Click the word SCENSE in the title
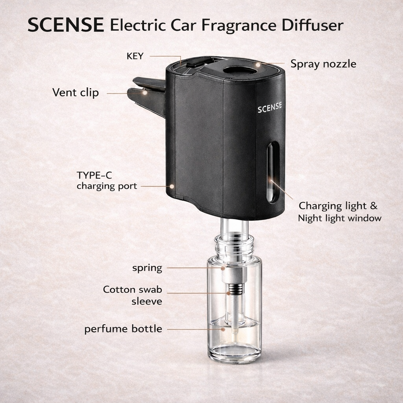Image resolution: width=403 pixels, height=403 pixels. click(66, 25)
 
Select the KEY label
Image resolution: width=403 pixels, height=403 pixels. click(135, 56)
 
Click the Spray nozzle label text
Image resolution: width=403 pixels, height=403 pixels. click(323, 64)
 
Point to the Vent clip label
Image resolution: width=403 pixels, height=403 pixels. click(76, 93)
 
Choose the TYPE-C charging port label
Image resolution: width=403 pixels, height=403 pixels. click(107, 181)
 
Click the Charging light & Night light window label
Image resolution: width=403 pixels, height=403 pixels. click(339, 212)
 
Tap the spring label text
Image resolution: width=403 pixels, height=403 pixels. click(147, 268)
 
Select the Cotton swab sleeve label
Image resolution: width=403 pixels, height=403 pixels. click(133, 296)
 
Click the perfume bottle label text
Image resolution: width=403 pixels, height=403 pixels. click(123, 329)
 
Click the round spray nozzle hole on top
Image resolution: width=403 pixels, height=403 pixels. click(238, 71)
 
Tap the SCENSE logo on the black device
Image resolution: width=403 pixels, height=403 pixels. click(270, 109)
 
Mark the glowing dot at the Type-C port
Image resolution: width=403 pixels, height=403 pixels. click(172, 186)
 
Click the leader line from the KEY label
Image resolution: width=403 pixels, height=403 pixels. click(165, 56)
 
